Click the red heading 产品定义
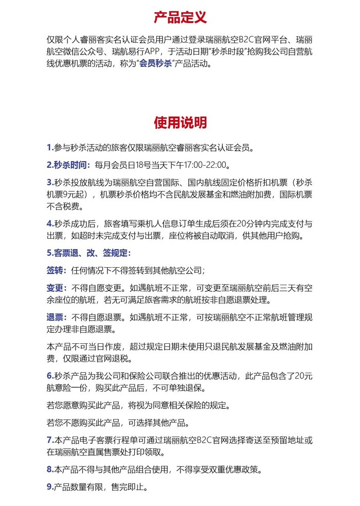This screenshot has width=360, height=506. tap(180, 17)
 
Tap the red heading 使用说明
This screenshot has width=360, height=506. tap(180, 123)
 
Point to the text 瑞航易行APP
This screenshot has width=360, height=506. tap(138, 51)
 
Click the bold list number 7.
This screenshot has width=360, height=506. tap(49, 440)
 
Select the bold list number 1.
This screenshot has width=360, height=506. tap(49, 148)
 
